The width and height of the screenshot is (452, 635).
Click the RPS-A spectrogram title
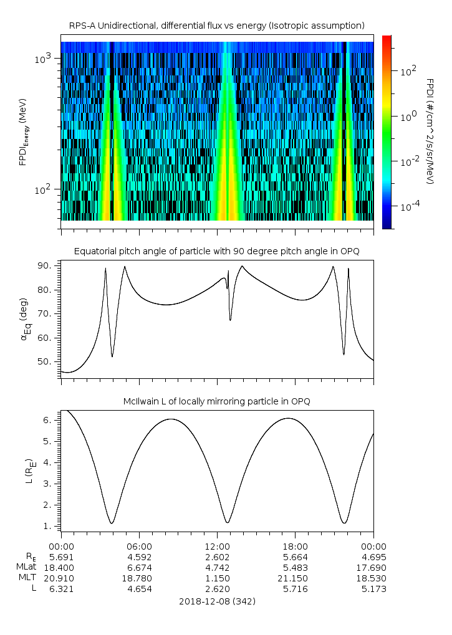pyautogui.click(x=216, y=26)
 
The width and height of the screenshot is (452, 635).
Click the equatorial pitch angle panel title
pyautogui.click(x=216, y=251)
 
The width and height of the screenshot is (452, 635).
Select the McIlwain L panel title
pyautogui.click(x=216, y=401)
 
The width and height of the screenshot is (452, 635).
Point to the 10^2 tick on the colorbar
pyautogui.click(x=407, y=70)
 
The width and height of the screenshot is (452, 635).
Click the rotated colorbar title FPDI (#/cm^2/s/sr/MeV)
pyautogui.click(x=430, y=131)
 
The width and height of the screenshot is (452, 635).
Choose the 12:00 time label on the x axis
pyautogui.click(x=217, y=546)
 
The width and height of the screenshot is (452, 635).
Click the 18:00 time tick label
pyautogui.click(x=295, y=546)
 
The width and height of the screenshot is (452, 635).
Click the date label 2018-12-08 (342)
pyautogui.click(x=217, y=601)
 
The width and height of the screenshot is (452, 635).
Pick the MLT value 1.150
pyautogui.click(x=217, y=578)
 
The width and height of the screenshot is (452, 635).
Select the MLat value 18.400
pyautogui.click(x=60, y=567)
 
